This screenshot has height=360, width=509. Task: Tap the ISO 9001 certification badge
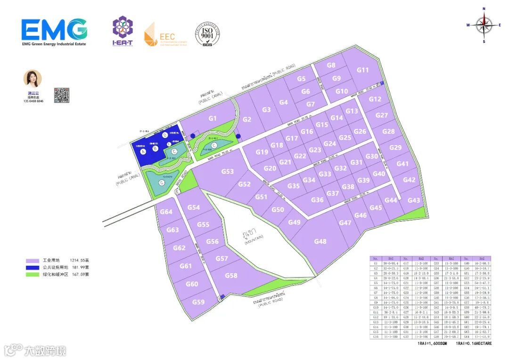coord(207,33)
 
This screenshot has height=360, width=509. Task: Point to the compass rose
coord(484,25)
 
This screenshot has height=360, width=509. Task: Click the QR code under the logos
coord(62,95)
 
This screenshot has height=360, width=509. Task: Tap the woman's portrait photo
coord(33,79)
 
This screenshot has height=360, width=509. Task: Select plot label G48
coord(320,242)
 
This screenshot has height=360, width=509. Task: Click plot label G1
coord(213,118)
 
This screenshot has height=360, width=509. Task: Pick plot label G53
coord(228,172)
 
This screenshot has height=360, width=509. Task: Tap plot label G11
coord(362,70)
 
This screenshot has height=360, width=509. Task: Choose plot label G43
coord(414,200)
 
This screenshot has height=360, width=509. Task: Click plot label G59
coord(198,302)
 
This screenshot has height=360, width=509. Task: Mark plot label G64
coord(166,212)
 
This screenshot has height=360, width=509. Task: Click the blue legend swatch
coord(33,267)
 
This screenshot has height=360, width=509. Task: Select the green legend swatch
coord(33,274)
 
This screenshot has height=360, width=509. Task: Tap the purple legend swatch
coord(33,260)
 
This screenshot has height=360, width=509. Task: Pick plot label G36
coord(317,200)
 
